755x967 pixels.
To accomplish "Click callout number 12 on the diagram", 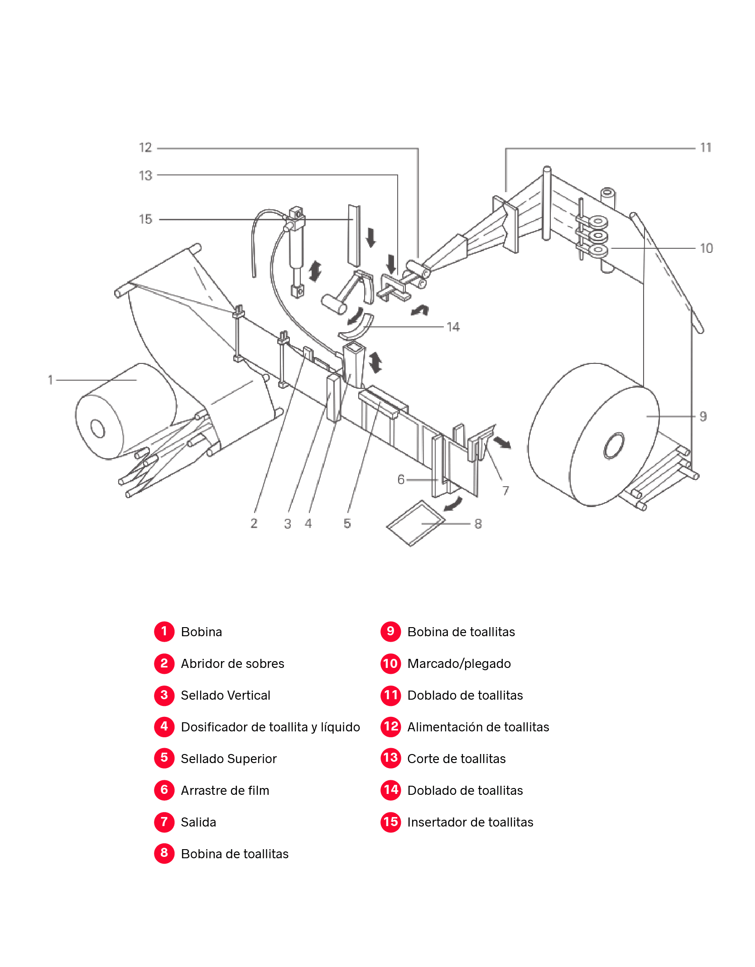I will point(145,148).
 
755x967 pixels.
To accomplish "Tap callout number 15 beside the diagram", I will point(145,219).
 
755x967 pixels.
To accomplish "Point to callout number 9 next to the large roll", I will point(702,416).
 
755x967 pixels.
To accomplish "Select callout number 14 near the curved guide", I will point(453,327).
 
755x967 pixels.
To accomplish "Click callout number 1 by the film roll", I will point(50,380).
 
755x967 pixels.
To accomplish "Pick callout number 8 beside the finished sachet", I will point(478,524).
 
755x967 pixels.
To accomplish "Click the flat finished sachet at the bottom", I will point(415,523).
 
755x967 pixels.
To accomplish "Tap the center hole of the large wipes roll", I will point(614,445).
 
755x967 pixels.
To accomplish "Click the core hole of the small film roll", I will point(97,428).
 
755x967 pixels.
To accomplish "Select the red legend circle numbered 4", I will point(164,726).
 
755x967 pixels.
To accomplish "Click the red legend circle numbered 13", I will point(390,758).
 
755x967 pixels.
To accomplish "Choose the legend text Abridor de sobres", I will point(232,663).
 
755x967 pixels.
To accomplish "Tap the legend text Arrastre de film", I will point(225,790).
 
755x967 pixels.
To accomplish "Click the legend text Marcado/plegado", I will point(459,663).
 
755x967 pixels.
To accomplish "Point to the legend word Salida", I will point(198,822).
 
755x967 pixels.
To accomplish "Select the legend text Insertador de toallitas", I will point(470,822).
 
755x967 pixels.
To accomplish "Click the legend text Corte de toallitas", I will point(456,759).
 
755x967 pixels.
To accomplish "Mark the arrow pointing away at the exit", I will point(502,442).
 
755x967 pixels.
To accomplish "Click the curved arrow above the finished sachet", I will point(453,503).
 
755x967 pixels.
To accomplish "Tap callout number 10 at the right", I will point(706,248).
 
